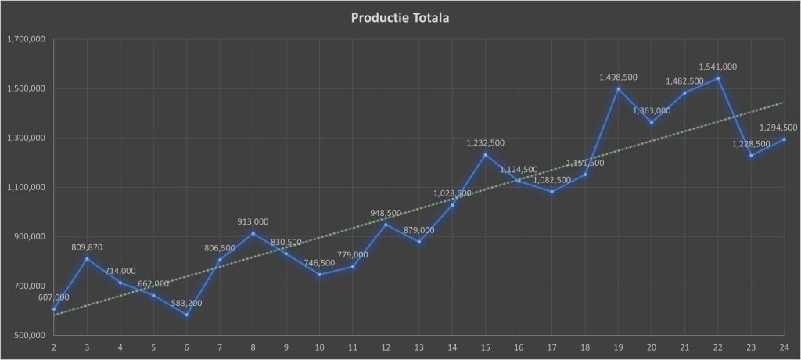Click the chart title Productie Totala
pyautogui.click(x=400, y=17)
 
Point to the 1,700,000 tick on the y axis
pyautogui.click(x=25, y=39)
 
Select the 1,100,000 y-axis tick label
pyautogui.click(x=25, y=188)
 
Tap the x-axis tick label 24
pyautogui.click(x=784, y=347)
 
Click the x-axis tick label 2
pyautogui.click(x=54, y=347)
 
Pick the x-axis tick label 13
pyautogui.click(x=419, y=347)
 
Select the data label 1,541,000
pyautogui.click(x=717, y=67)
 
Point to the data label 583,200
pyautogui.click(x=185, y=303)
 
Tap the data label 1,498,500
pyautogui.click(x=618, y=77)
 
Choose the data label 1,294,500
pyautogui.click(x=778, y=128)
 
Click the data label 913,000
pyautogui.click(x=253, y=222)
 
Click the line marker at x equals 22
pyautogui.click(x=717, y=78)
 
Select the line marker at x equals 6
pyautogui.click(x=186, y=315)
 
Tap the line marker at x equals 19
pyautogui.click(x=618, y=88)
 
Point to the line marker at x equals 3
pyautogui.click(x=87, y=258)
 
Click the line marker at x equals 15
pyautogui.click(x=485, y=154)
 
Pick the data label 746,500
pyautogui.click(x=319, y=263)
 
